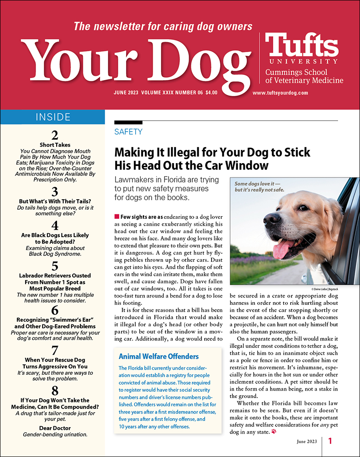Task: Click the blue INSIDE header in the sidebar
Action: click(x=53, y=117)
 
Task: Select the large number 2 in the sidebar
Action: click(x=55, y=135)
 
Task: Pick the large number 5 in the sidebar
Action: click(x=55, y=266)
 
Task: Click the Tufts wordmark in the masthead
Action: click(x=302, y=45)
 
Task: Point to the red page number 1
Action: click(x=330, y=441)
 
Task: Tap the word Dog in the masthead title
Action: click(x=201, y=60)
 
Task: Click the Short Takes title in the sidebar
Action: click(x=55, y=144)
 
